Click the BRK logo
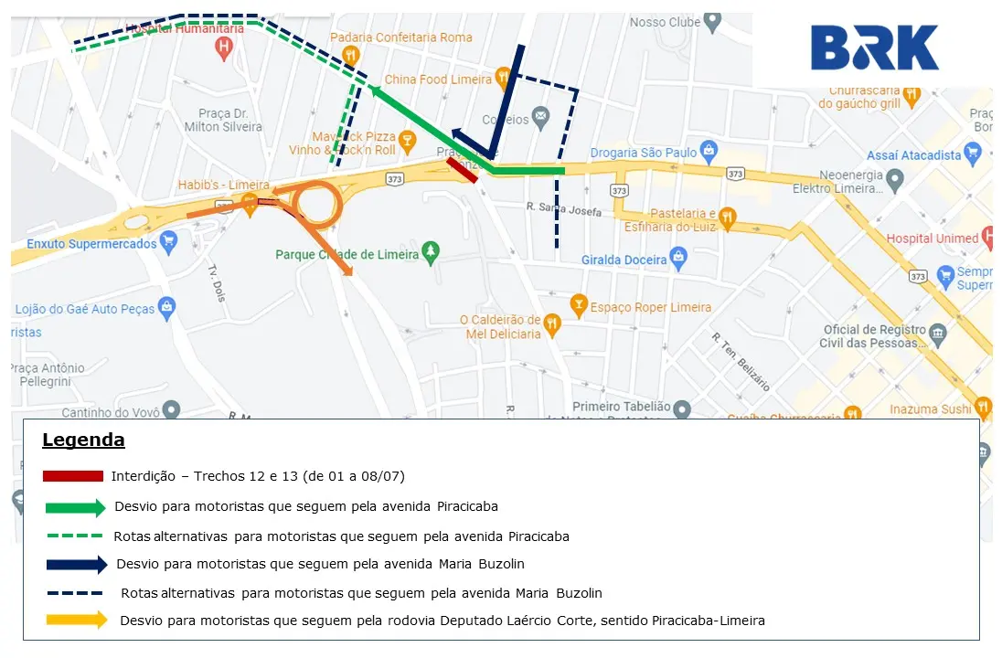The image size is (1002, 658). pyautogui.click(x=874, y=48)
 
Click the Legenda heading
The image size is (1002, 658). pyautogui.click(x=83, y=440)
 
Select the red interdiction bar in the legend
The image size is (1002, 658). pyautogui.click(x=72, y=476)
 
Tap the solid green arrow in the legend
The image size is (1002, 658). pyautogui.click(x=76, y=507)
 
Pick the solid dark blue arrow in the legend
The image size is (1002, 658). pyautogui.click(x=76, y=565)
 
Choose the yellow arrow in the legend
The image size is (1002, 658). pyautogui.click(x=76, y=620)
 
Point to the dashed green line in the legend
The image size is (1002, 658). pyautogui.click(x=72, y=536)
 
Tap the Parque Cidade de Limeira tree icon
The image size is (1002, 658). pyautogui.click(x=432, y=251)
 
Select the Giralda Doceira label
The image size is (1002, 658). pyautogui.click(x=624, y=260)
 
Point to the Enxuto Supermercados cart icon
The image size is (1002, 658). pyautogui.click(x=167, y=242)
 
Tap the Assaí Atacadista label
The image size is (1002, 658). pyautogui.click(x=913, y=155)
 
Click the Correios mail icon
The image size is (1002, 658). pyautogui.click(x=541, y=116)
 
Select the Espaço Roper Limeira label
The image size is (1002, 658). pyautogui.click(x=651, y=307)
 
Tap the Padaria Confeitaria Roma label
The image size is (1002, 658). pyautogui.click(x=401, y=37)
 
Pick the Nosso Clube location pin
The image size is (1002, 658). pyautogui.click(x=712, y=21)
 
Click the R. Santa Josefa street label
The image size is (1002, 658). pyautogui.click(x=564, y=209)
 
